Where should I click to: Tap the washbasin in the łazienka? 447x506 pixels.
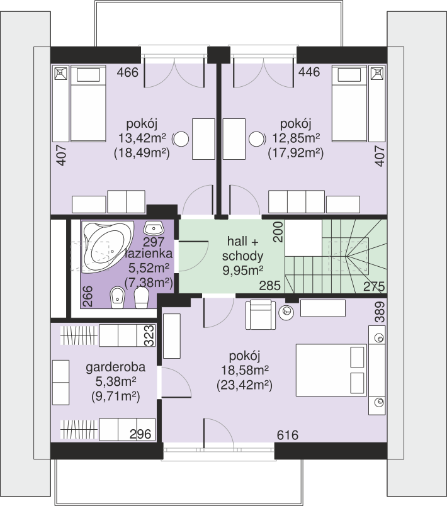(154, 228)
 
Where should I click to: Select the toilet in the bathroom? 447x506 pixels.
(142, 297)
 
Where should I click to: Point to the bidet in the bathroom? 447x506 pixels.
(117, 298)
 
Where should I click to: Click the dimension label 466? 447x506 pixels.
(127, 72)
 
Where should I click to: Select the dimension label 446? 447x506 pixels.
(309, 72)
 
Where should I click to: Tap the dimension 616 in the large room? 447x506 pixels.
(287, 435)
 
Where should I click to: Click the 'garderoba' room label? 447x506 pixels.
(116, 368)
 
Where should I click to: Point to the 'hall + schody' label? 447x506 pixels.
(243, 249)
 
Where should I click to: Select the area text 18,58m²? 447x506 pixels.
(245, 370)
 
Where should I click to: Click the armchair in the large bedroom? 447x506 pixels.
(261, 315)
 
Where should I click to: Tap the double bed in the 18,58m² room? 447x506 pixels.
(331, 370)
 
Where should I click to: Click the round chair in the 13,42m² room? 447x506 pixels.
(181, 139)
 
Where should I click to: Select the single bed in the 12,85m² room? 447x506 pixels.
(349, 104)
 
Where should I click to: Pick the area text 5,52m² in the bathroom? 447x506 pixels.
(149, 268)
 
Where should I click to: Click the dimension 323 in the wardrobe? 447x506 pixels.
(149, 335)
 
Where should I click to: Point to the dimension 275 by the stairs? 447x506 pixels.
(374, 286)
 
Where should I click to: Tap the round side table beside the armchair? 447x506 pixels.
(286, 312)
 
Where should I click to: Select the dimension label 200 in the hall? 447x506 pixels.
(278, 232)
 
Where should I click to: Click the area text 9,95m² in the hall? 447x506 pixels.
(243, 270)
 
